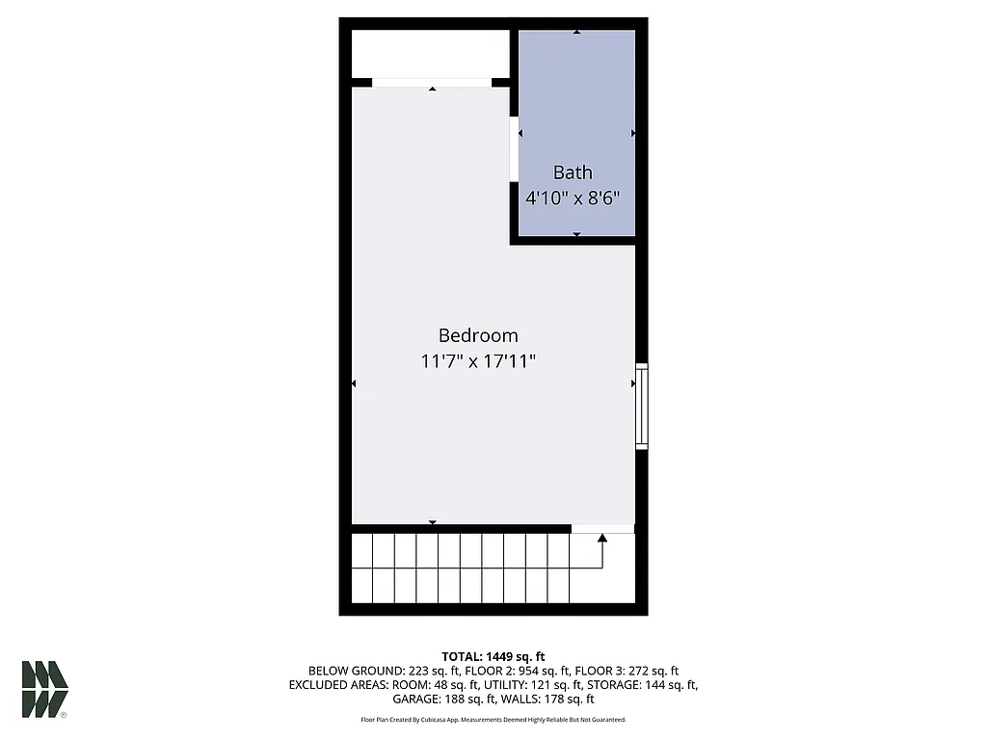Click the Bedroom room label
point(478,335)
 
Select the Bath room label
point(573,172)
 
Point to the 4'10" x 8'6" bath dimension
point(573,198)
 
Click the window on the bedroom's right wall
point(641,406)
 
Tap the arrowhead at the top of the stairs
point(602,538)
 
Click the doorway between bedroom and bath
point(514,147)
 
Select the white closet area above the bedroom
point(430,53)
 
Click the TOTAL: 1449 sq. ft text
point(493,656)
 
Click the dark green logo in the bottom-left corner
point(44,689)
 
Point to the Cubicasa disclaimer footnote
point(493,720)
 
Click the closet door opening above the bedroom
point(432,83)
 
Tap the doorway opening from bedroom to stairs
point(602,528)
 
